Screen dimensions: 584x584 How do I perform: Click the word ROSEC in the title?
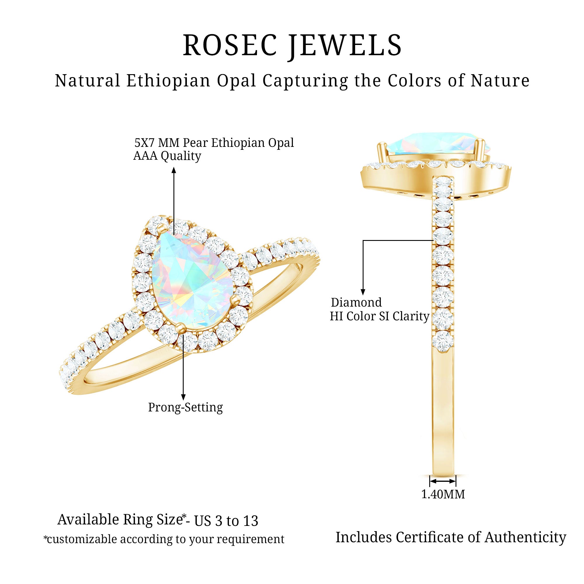pos(230,45)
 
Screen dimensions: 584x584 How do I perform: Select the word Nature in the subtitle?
pos(500,81)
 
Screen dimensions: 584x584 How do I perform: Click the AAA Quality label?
pos(167,156)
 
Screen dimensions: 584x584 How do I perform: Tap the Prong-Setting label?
pos(185,407)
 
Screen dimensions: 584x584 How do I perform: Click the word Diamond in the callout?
pos(356,302)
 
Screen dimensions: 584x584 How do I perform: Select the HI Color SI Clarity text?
pos(379,316)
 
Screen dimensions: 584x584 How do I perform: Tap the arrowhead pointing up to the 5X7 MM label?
pos(174,171)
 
